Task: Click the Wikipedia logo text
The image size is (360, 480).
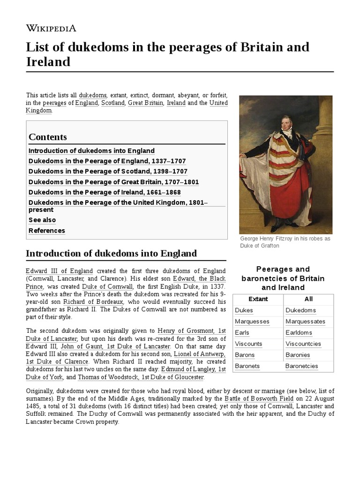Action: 51,28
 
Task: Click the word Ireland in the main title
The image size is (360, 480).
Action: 48,62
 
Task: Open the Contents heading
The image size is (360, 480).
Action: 48,137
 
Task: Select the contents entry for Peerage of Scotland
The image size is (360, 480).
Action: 108,172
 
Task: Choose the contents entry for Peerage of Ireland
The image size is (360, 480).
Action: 105,192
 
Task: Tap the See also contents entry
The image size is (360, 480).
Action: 42,220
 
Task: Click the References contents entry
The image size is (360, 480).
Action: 47,231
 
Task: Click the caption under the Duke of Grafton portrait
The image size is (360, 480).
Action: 285,242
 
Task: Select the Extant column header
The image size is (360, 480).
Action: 258,299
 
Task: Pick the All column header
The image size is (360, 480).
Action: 308,299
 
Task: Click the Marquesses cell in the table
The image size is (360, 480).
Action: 252,322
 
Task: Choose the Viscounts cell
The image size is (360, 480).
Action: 249,344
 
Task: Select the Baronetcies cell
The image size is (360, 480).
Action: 301,366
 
